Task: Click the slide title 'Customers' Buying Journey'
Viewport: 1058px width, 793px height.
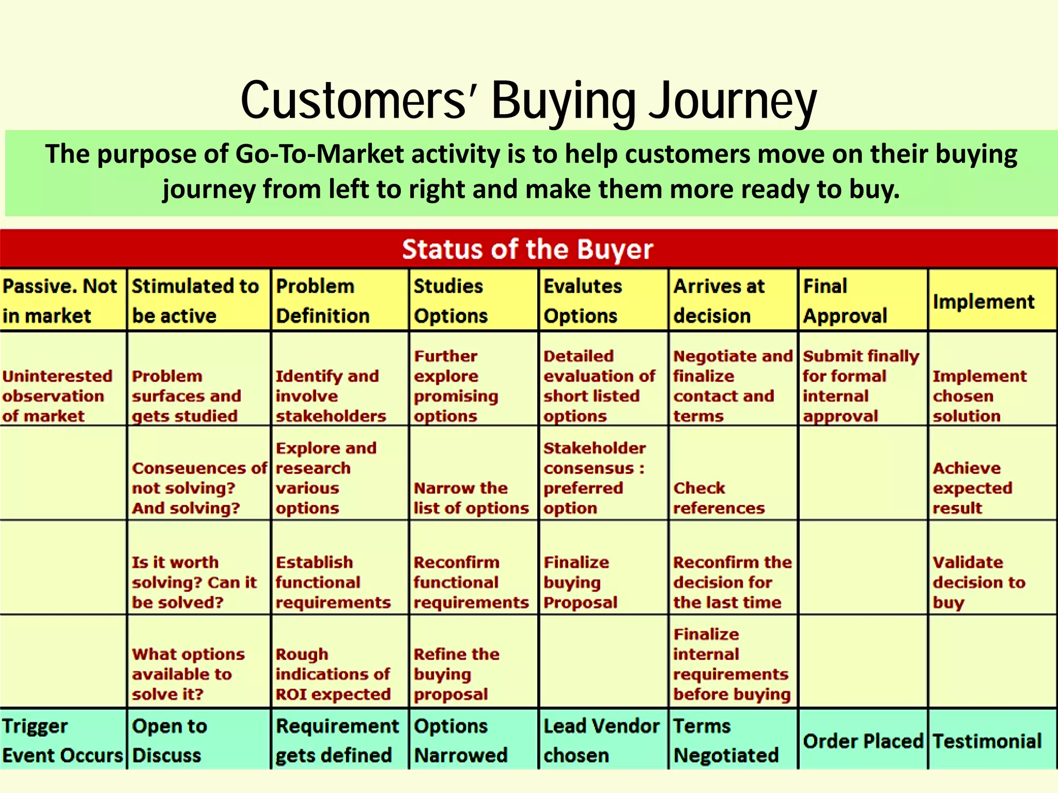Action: [528, 101]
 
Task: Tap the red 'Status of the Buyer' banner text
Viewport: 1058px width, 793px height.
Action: [527, 249]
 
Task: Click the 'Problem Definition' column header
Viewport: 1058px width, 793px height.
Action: [323, 300]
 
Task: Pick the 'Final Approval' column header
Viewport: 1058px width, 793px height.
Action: [845, 300]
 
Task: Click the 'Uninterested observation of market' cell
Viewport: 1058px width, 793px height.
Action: [57, 396]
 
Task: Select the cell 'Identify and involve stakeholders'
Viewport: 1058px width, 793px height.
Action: [331, 396]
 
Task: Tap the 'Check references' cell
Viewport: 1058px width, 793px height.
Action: [719, 498]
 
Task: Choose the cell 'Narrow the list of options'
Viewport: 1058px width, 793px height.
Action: [471, 498]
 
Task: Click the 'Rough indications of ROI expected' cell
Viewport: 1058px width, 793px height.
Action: [333, 674]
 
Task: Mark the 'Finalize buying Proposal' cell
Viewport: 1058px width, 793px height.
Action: [580, 582]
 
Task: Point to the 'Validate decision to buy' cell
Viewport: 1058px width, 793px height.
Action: [978, 582]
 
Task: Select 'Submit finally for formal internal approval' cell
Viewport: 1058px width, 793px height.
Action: [861, 386]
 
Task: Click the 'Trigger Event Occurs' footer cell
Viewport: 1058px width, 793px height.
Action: [63, 740]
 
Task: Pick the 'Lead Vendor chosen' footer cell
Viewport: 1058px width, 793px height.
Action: [601, 740]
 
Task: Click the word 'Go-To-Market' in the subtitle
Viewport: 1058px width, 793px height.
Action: [319, 154]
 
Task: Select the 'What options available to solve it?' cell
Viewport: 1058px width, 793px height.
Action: [188, 674]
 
